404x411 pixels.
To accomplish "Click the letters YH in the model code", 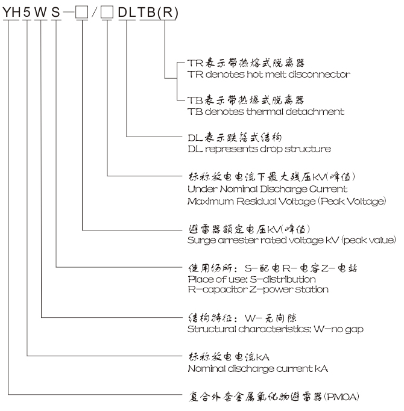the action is [x=11, y=12].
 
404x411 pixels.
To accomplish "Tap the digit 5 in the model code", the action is [x=27, y=12].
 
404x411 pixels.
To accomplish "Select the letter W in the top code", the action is [x=41, y=12].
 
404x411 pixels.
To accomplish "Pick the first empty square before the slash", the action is [x=81, y=12].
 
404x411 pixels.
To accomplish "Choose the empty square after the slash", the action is [x=107, y=12].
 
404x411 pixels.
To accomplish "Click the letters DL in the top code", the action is [x=127, y=12].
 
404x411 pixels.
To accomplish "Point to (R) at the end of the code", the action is [x=168, y=13].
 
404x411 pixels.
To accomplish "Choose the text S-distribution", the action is [x=283, y=279].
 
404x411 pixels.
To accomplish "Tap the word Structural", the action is [x=212, y=329].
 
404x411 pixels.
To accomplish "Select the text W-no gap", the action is [x=339, y=329].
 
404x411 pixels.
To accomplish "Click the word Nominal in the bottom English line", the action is [x=206, y=369].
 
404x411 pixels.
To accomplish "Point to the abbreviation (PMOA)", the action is [x=342, y=397].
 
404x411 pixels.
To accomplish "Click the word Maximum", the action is [x=210, y=202].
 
